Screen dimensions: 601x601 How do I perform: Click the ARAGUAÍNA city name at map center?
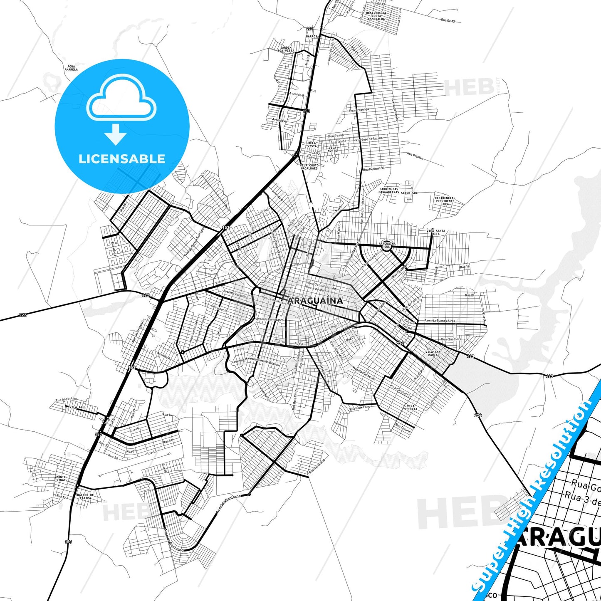click(x=316, y=301)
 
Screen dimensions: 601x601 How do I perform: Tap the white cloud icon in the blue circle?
click(x=121, y=97)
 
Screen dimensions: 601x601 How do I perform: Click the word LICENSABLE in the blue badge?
click(x=122, y=158)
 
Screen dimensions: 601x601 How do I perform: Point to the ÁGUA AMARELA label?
click(x=72, y=68)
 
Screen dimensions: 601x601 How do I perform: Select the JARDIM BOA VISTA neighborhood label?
click(x=287, y=49)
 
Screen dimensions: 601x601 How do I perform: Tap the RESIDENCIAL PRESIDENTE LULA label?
click(x=445, y=201)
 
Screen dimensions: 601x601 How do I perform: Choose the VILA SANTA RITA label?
click(x=435, y=232)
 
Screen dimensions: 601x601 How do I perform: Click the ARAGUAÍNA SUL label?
click(x=387, y=245)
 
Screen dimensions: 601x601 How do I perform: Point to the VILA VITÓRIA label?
click(x=411, y=407)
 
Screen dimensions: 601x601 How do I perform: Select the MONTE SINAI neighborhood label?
click(x=61, y=479)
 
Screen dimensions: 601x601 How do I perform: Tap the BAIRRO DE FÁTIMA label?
click(x=85, y=496)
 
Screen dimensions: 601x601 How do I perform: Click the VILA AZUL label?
click(x=78, y=407)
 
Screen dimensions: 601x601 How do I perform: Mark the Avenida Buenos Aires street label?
click(x=440, y=321)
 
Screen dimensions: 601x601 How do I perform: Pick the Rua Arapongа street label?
click(x=359, y=110)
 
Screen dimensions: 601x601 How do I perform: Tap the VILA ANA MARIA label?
click(x=433, y=354)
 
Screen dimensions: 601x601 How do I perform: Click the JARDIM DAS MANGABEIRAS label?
click(x=388, y=191)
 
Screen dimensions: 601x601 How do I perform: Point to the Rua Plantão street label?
click(x=415, y=156)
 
